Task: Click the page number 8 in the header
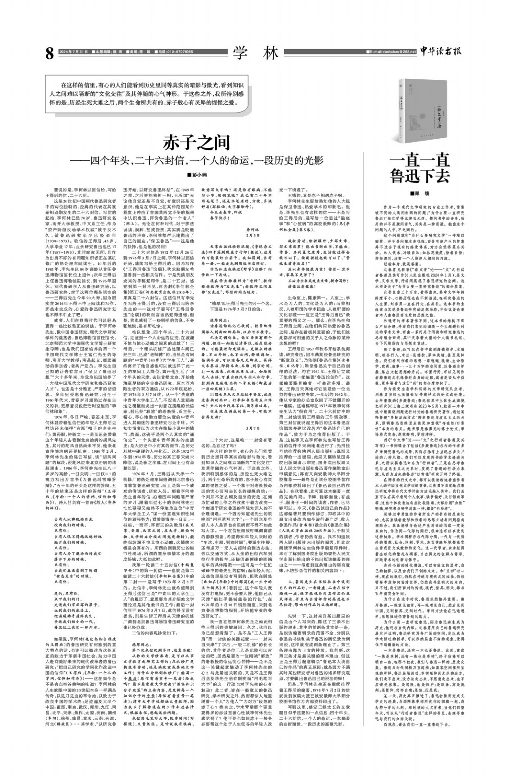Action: click(x=50, y=53)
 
